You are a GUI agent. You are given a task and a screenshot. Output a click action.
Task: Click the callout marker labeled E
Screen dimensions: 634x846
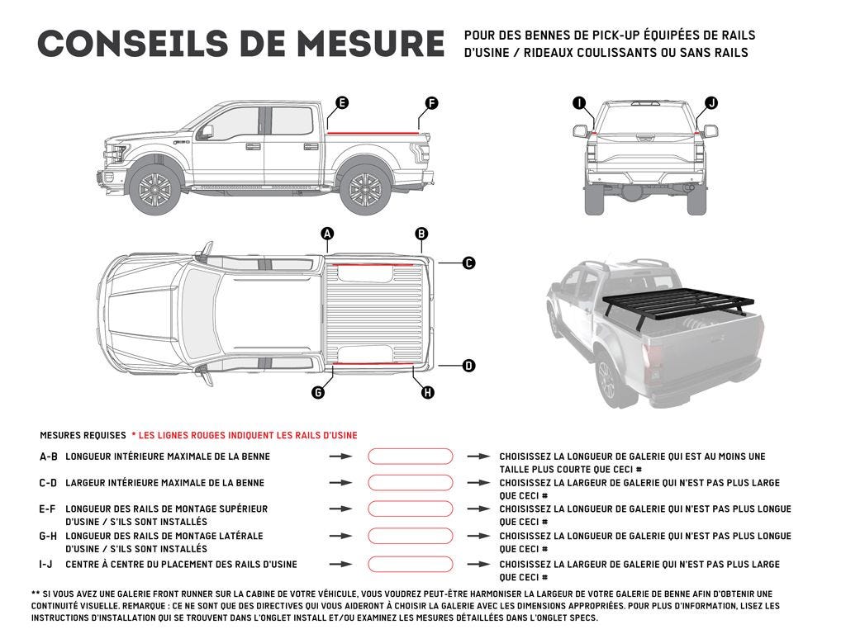point(341,103)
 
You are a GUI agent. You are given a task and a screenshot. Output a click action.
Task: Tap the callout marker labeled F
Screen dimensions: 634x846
point(431,103)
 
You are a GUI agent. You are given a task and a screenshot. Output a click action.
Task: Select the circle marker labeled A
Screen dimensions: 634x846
point(327,234)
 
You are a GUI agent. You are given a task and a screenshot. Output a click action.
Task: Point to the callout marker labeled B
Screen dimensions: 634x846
point(421,234)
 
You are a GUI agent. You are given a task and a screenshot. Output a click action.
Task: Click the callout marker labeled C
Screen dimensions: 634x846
point(468,263)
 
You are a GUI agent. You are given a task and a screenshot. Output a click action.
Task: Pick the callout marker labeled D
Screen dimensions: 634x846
point(468,365)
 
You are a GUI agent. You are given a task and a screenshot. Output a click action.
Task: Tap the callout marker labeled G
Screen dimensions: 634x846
point(318,392)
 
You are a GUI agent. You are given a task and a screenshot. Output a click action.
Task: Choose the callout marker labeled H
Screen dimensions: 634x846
point(428,392)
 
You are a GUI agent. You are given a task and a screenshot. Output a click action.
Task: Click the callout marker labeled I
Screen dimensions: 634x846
point(579,103)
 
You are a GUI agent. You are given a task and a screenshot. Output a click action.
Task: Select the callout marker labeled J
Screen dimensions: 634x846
point(711,103)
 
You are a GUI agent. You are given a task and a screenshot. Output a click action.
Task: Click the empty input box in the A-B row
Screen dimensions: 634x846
point(411,456)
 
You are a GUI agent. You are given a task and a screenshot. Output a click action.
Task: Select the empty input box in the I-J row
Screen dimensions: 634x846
point(411,565)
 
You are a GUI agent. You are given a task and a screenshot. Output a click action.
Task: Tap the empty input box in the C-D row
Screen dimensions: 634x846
point(411,483)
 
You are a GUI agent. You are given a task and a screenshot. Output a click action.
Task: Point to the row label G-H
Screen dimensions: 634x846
point(48,537)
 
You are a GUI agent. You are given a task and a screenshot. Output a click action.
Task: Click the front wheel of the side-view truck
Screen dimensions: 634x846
point(154,190)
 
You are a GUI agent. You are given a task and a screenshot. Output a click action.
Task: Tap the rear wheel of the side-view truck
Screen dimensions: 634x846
point(364,190)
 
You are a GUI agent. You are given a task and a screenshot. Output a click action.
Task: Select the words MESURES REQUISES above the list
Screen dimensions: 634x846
point(82,435)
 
